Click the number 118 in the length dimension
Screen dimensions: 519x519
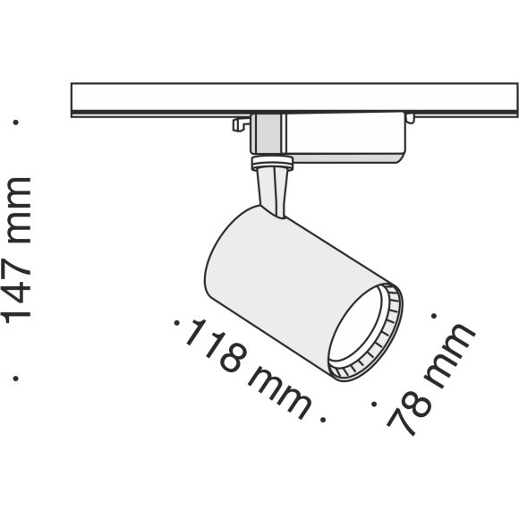pyautogui.click(x=215, y=350)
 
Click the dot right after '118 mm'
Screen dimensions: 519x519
pyautogui.click(x=321, y=416)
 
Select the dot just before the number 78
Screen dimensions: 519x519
pyautogui.click(x=372, y=404)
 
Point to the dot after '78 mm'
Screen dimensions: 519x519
pyautogui.click(x=434, y=315)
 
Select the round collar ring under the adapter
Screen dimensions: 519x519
pyautogui.click(x=273, y=162)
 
